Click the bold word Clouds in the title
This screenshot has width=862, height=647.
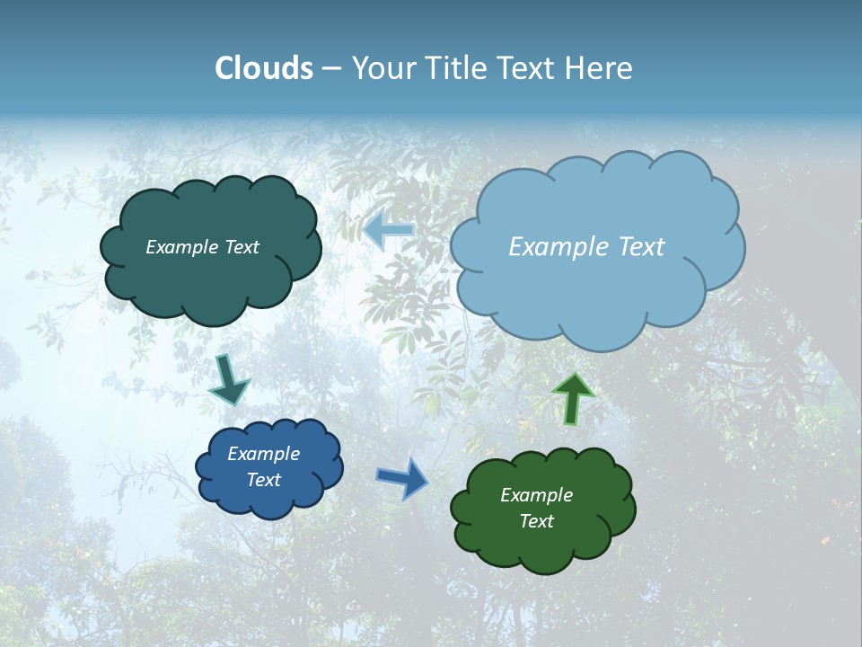pos(264,68)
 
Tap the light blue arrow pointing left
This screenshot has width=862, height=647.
pos(389,230)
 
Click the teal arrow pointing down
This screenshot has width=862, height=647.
pos(228,379)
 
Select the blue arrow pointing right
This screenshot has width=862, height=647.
pos(403,477)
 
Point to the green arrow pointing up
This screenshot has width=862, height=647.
pos(572,398)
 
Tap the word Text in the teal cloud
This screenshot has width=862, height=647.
pos(242,247)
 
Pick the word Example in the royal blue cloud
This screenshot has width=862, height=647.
pos(264,454)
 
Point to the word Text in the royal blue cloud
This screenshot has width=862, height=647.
pos(264,480)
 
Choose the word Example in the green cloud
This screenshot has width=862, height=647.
pos(536,495)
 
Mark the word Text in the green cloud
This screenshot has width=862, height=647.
pos(536,521)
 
